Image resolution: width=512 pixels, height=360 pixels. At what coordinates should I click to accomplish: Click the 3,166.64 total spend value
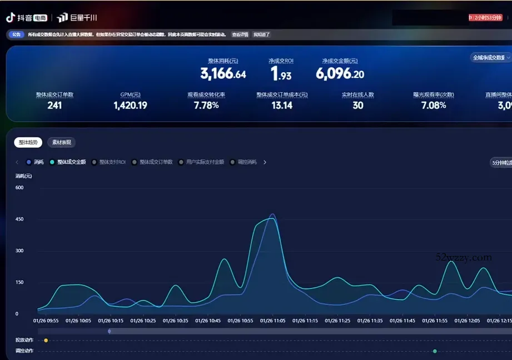pos(223,74)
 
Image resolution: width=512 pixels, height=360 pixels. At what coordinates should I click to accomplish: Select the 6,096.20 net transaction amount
pos(340,74)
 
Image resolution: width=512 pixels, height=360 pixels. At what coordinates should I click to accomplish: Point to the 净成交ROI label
pos(281,61)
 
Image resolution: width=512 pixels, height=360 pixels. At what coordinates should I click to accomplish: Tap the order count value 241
pos(54,106)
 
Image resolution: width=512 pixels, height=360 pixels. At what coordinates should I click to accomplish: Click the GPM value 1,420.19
pos(130,106)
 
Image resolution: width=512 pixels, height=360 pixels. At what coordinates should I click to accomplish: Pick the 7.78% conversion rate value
pos(206,106)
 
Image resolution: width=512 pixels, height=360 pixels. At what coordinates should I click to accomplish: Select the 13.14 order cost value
pos(282,106)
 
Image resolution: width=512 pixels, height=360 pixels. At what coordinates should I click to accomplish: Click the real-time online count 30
pos(358,106)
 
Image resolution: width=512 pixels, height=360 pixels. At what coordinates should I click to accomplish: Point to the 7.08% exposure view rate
pos(434,106)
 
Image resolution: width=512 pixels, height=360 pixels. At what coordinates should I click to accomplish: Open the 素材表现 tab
pos(61,143)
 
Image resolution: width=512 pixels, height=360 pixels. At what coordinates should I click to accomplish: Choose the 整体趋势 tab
pos(28,143)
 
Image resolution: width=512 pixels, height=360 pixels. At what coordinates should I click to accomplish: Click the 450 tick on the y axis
pos(19,219)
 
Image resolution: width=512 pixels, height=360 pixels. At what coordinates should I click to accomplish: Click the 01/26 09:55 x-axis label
pos(46,321)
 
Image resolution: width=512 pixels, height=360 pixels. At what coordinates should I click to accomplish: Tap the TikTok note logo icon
pos(11,17)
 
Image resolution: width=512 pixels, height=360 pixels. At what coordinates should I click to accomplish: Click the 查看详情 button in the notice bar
pos(240,34)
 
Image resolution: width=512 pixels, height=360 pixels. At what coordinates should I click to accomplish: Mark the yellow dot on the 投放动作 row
pos(46,340)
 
